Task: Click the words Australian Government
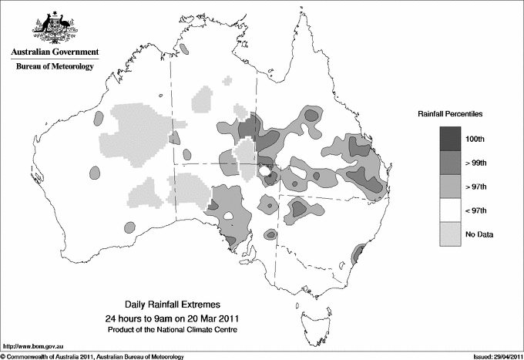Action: click(x=55, y=52)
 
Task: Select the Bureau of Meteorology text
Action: click(x=55, y=67)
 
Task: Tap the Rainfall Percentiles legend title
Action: click(x=450, y=113)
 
